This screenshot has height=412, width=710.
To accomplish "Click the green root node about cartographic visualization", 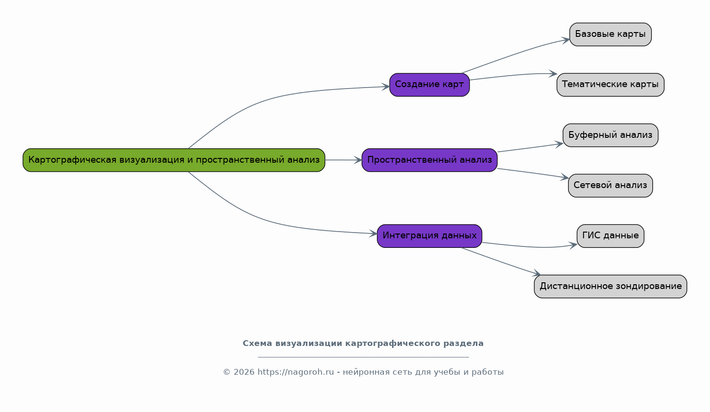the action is [x=174, y=160].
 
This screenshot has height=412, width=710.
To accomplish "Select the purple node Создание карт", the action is [x=429, y=85].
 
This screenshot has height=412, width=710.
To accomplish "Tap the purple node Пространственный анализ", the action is [x=429, y=160].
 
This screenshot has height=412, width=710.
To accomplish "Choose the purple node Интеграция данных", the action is [x=429, y=236].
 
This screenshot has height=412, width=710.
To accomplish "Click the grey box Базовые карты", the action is [x=610, y=34].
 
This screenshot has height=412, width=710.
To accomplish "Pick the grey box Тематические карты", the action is [x=610, y=85].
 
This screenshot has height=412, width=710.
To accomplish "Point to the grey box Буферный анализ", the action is [x=610, y=135].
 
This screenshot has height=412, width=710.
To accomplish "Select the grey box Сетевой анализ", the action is [x=610, y=185].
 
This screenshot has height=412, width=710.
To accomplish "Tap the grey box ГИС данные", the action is [x=610, y=236].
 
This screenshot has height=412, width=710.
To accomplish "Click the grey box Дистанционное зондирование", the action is [x=610, y=286].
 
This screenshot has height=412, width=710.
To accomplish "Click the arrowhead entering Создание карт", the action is [x=385, y=87].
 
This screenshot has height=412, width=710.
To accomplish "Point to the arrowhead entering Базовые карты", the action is [x=566, y=40].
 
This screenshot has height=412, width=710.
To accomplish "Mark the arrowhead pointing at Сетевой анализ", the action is [x=564, y=177].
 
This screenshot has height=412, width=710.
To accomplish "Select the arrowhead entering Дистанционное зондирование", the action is [x=536, y=273].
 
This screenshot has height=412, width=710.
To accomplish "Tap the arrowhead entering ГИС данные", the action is [x=573, y=245].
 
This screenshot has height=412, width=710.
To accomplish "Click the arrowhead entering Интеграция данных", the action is [x=373, y=234].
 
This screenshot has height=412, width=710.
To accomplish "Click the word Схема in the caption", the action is [x=258, y=343].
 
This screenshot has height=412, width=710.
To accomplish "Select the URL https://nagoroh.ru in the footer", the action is [x=296, y=372].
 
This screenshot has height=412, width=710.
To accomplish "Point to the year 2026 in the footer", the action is [x=244, y=372].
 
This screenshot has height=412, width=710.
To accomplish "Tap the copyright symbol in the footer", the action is [x=227, y=372].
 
